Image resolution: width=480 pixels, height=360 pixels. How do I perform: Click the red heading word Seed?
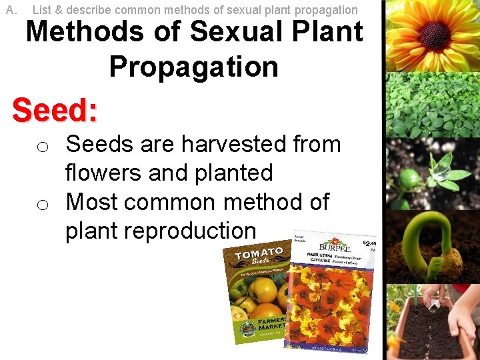pyautogui.click(x=55, y=110)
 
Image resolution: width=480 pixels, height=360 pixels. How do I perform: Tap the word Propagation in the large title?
pyautogui.click(x=193, y=67)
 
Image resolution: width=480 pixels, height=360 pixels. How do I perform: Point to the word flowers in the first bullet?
pyautogui.click(x=103, y=173)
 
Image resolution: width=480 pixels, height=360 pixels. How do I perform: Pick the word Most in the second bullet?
pyautogui.click(x=93, y=201)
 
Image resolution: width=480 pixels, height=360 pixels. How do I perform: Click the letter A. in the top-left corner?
pyautogui.click(x=11, y=10)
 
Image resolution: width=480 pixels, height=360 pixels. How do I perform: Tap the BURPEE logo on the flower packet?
pyautogui.click(x=338, y=245)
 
